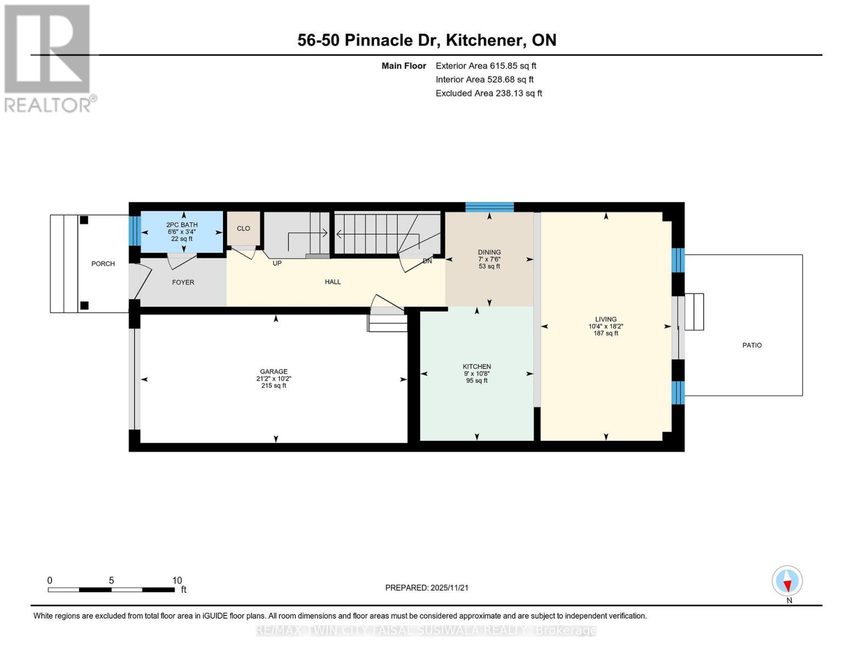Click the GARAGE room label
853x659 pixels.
[274, 371]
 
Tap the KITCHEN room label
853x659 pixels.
[477, 366]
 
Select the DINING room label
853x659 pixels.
[489, 252]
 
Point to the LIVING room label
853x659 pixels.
[606, 319]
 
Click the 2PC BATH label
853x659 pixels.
[182, 225]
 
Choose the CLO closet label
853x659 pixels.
[243, 228]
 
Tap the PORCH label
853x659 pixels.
[103, 264]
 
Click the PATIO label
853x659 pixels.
[752, 345]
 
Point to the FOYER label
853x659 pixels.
[183, 282]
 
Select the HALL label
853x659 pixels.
[332, 281]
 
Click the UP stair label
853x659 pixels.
[277, 263]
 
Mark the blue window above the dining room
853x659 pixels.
[489, 207]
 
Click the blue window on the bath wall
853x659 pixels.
[135, 231]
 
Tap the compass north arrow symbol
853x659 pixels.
[787, 581]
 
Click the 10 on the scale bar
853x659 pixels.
[177, 580]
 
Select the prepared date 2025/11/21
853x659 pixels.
[449, 588]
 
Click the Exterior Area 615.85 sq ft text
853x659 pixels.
[486, 65]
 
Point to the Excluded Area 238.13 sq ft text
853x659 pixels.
[489, 93]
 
